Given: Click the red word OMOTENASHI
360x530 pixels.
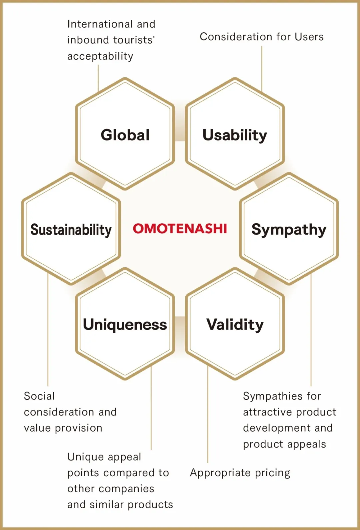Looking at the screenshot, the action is click(180, 229).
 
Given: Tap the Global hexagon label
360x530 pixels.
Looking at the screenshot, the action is click(125, 135).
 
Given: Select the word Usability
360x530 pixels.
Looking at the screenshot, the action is click(235, 136).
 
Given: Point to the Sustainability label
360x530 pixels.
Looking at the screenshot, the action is click(71, 230).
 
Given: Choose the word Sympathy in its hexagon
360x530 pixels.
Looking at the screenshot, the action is click(289, 230).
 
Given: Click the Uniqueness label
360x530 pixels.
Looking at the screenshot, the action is click(125, 324).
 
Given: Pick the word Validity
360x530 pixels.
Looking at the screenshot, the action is click(235, 325).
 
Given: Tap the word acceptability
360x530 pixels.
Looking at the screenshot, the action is click(100, 56).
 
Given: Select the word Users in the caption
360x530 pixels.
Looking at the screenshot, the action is click(309, 37).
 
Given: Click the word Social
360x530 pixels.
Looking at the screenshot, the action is click(39, 396).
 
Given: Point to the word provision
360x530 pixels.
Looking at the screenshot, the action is click(79, 428).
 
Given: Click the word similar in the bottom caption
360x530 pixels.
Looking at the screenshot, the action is click(107, 504).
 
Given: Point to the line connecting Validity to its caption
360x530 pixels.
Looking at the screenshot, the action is click(208, 414).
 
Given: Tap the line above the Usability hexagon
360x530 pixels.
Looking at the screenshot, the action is click(262, 69).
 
